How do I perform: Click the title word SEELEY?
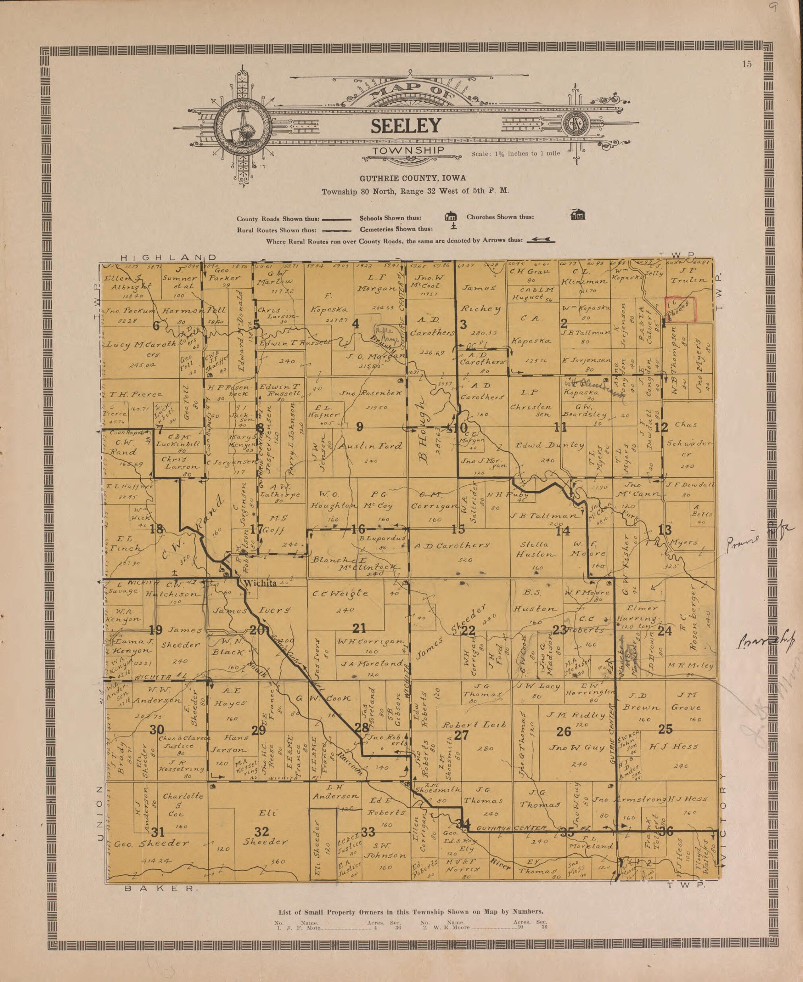pyautogui.click(x=406, y=126)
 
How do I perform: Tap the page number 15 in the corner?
pyautogui.click(x=747, y=64)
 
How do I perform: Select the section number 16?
pyautogui.click(x=358, y=529)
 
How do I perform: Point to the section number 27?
pyautogui.click(x=462, y=735)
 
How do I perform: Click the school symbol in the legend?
pyautogui.click(x=451, y=216)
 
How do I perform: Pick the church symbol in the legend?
pyautogui.click(x=578, y=215)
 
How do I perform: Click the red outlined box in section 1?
pyautogui.click(x=680, y=309)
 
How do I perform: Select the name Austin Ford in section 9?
pyautogui.click(x=370, y=446)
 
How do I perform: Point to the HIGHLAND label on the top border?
pyautogui.click(x=168, y=258)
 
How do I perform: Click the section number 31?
pyautogui.click(x=158, y=832)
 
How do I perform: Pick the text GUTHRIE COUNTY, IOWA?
pyautogui.click(x=413, y=178)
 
